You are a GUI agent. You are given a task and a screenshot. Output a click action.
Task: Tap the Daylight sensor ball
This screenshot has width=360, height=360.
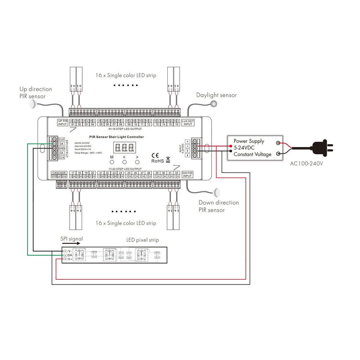point(214,103)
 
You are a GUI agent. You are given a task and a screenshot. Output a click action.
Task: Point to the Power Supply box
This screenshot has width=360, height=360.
point(255,148)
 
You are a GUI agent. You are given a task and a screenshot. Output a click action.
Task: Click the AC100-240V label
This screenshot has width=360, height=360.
point(307,163)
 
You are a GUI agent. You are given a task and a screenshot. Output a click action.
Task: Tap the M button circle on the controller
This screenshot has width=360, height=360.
point(112,162)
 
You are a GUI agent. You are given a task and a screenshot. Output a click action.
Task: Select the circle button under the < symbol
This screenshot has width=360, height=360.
point(124,162)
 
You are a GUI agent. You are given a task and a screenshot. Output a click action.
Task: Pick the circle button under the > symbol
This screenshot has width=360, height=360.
point(137,162)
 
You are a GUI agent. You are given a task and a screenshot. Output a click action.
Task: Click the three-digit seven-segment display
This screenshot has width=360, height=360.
point(124,147)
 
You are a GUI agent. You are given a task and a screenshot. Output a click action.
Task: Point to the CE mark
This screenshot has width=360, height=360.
point(155,155)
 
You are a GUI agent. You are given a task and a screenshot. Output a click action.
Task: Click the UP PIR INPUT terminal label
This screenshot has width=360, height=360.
point(62,122)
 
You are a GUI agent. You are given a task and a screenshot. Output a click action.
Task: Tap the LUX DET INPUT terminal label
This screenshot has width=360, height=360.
point(188,122)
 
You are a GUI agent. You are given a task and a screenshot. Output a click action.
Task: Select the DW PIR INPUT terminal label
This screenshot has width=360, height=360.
point(187,174)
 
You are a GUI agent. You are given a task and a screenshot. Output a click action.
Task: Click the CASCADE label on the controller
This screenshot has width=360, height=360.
point(59,173)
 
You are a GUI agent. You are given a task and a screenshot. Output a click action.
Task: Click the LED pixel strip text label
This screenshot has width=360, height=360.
point(142,240)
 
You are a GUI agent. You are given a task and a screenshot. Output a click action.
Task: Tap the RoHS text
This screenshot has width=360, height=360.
point(157,161)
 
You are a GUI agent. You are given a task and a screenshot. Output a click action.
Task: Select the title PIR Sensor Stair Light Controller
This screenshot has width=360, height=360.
point(116,137)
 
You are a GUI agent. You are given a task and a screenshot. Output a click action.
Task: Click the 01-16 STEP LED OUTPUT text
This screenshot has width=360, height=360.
point(125,129)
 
